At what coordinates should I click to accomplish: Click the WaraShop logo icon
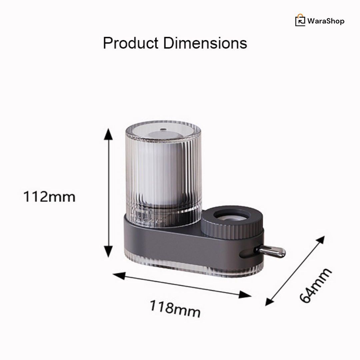click(300, 21)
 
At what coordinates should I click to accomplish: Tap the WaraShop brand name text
click(326, 21)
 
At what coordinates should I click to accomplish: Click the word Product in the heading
click(130, 43)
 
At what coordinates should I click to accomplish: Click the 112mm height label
click(49, 197)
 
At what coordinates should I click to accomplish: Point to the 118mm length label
click(175, 309)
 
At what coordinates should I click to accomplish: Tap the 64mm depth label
click(315, 285)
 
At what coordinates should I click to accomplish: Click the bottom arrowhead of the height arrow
click(108, 252)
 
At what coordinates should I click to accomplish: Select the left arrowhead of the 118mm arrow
click(118, 275)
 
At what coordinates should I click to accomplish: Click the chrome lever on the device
click(273, 251)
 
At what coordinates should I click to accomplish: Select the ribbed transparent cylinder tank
click(163, 173)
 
